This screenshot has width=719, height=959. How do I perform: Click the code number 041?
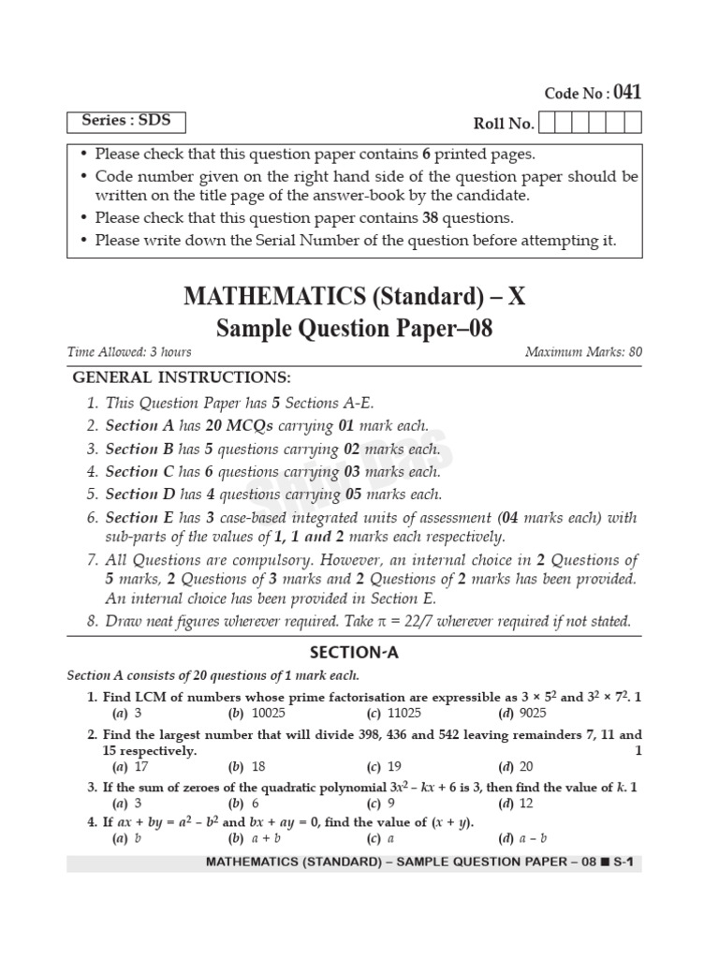[x=627, y=93]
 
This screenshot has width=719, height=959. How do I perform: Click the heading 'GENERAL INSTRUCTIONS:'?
[x=182, y=377]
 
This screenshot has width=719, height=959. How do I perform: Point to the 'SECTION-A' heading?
[x=354, y=654]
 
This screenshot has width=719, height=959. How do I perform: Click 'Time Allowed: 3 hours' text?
[x=129, y=352]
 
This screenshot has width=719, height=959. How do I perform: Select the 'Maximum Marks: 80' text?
[x=583, y=352]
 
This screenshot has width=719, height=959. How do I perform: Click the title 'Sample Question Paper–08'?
[x=354, y=329]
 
